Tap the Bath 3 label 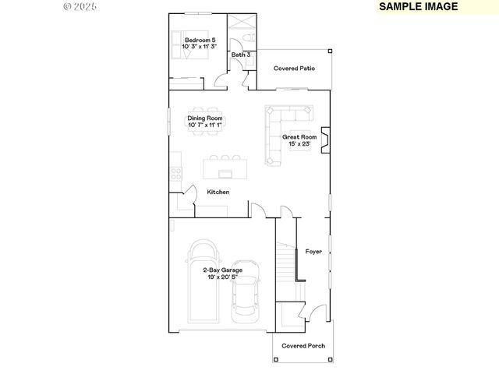tap(241, 55)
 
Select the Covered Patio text tap(294, 69)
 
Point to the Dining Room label tap(204, 118)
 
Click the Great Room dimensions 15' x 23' tap(299, 143)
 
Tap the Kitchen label tap(218, 192)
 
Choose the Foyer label tap(313, 251)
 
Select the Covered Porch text tap(303, 345)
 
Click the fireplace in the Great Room tap(327, 141)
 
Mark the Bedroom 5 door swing tap(221, 80)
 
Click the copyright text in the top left tap(80, 5)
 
